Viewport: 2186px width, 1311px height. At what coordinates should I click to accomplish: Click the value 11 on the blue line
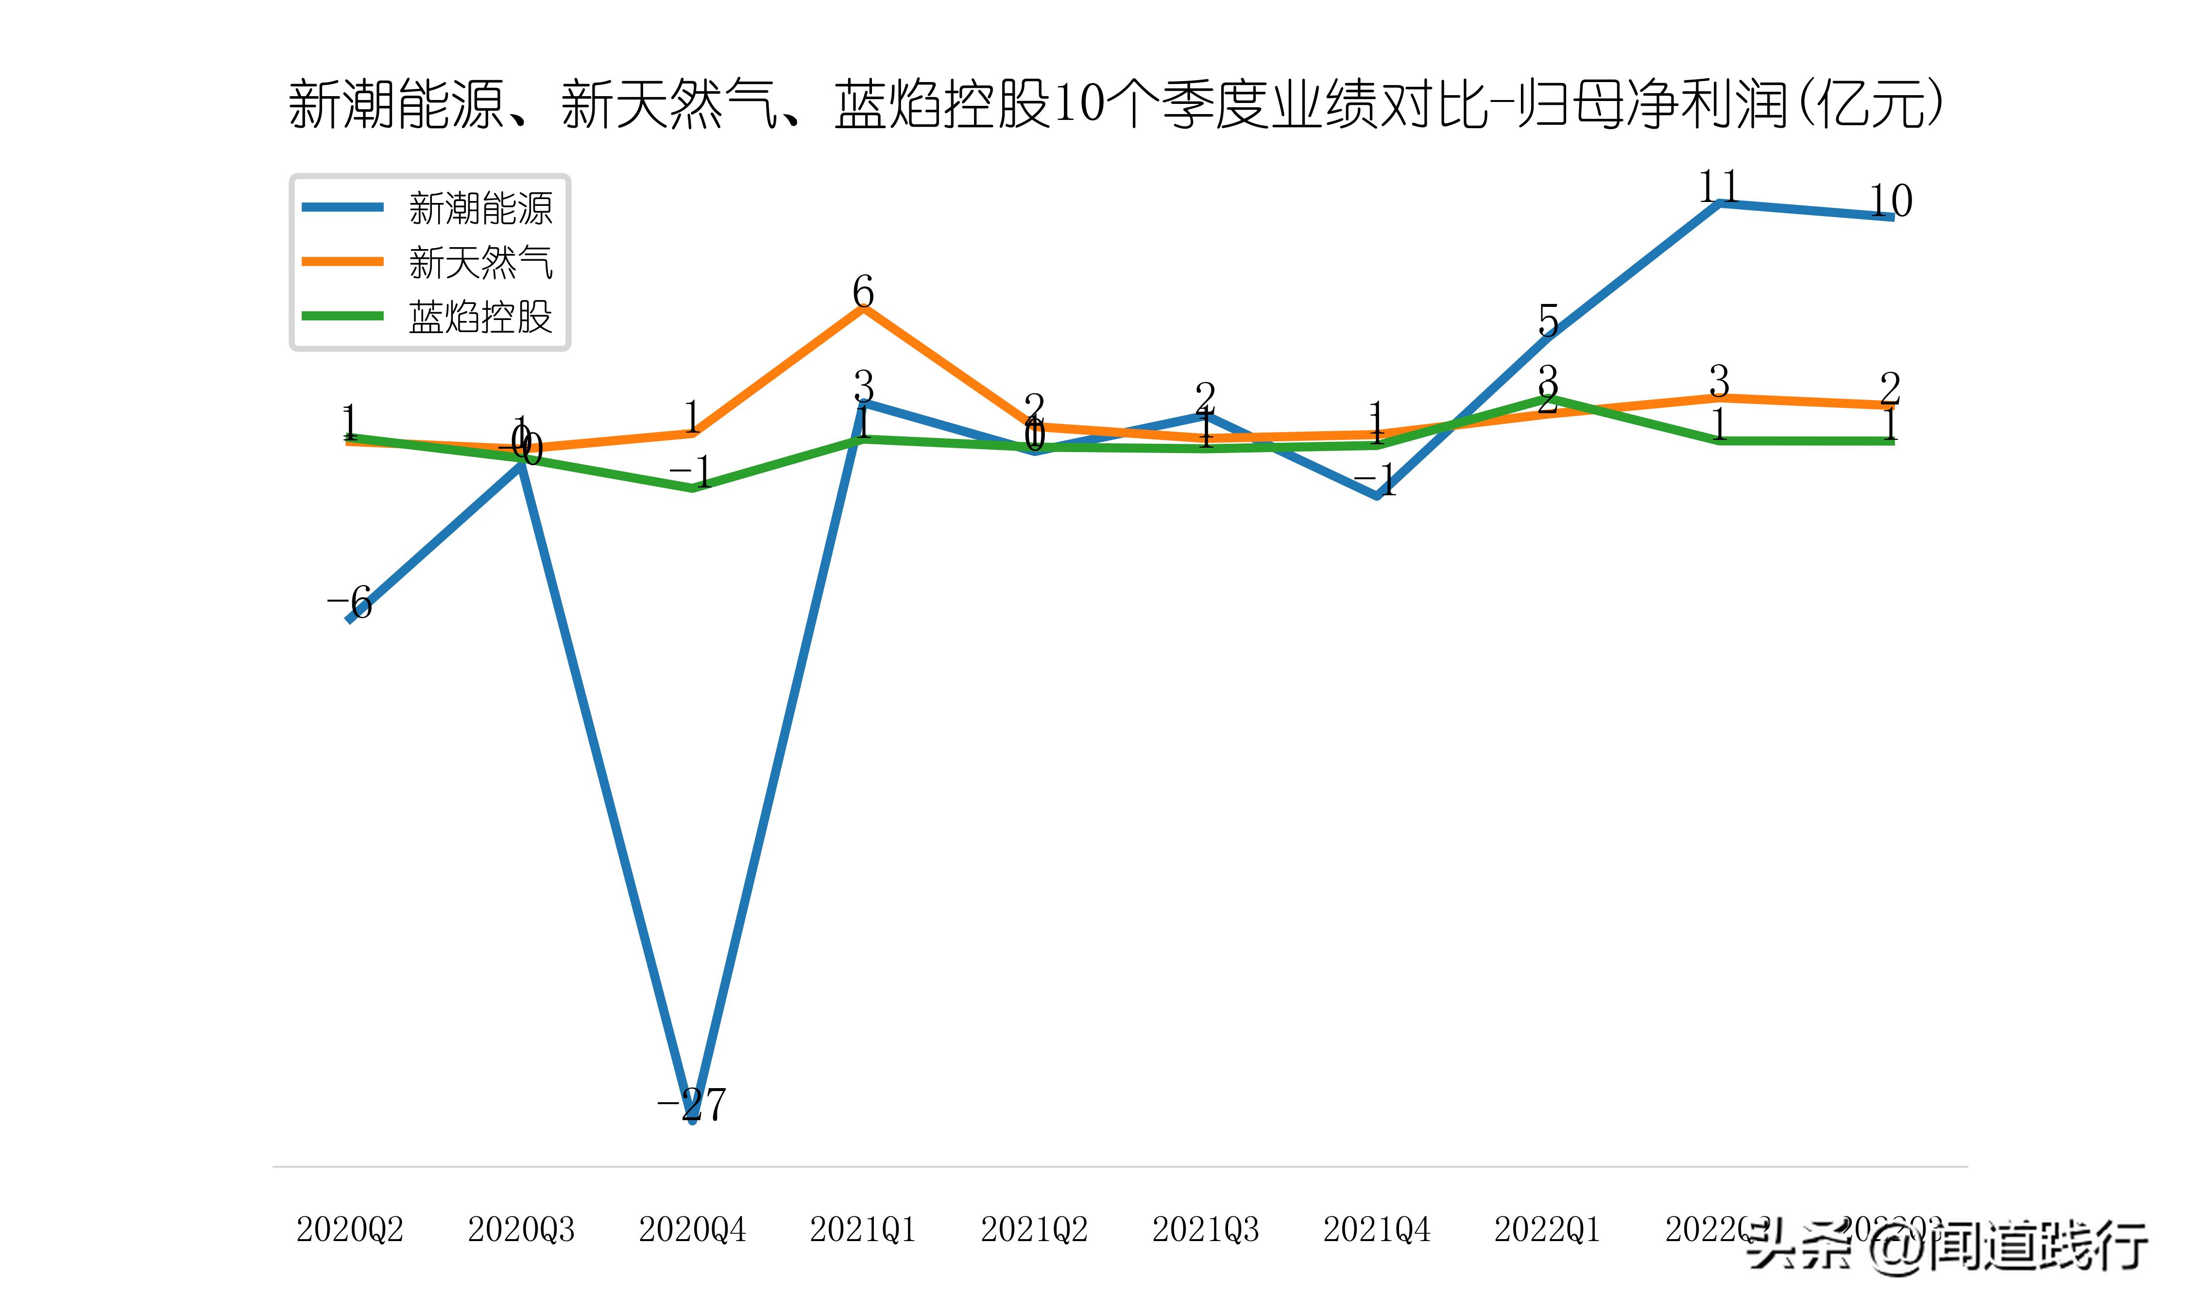click(1719, 186)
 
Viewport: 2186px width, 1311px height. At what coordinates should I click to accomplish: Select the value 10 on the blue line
click(1890, 202)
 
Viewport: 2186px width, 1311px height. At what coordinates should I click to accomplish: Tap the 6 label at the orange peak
click(863, 291)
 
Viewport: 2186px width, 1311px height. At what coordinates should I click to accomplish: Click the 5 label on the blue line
click(1548, 320)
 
